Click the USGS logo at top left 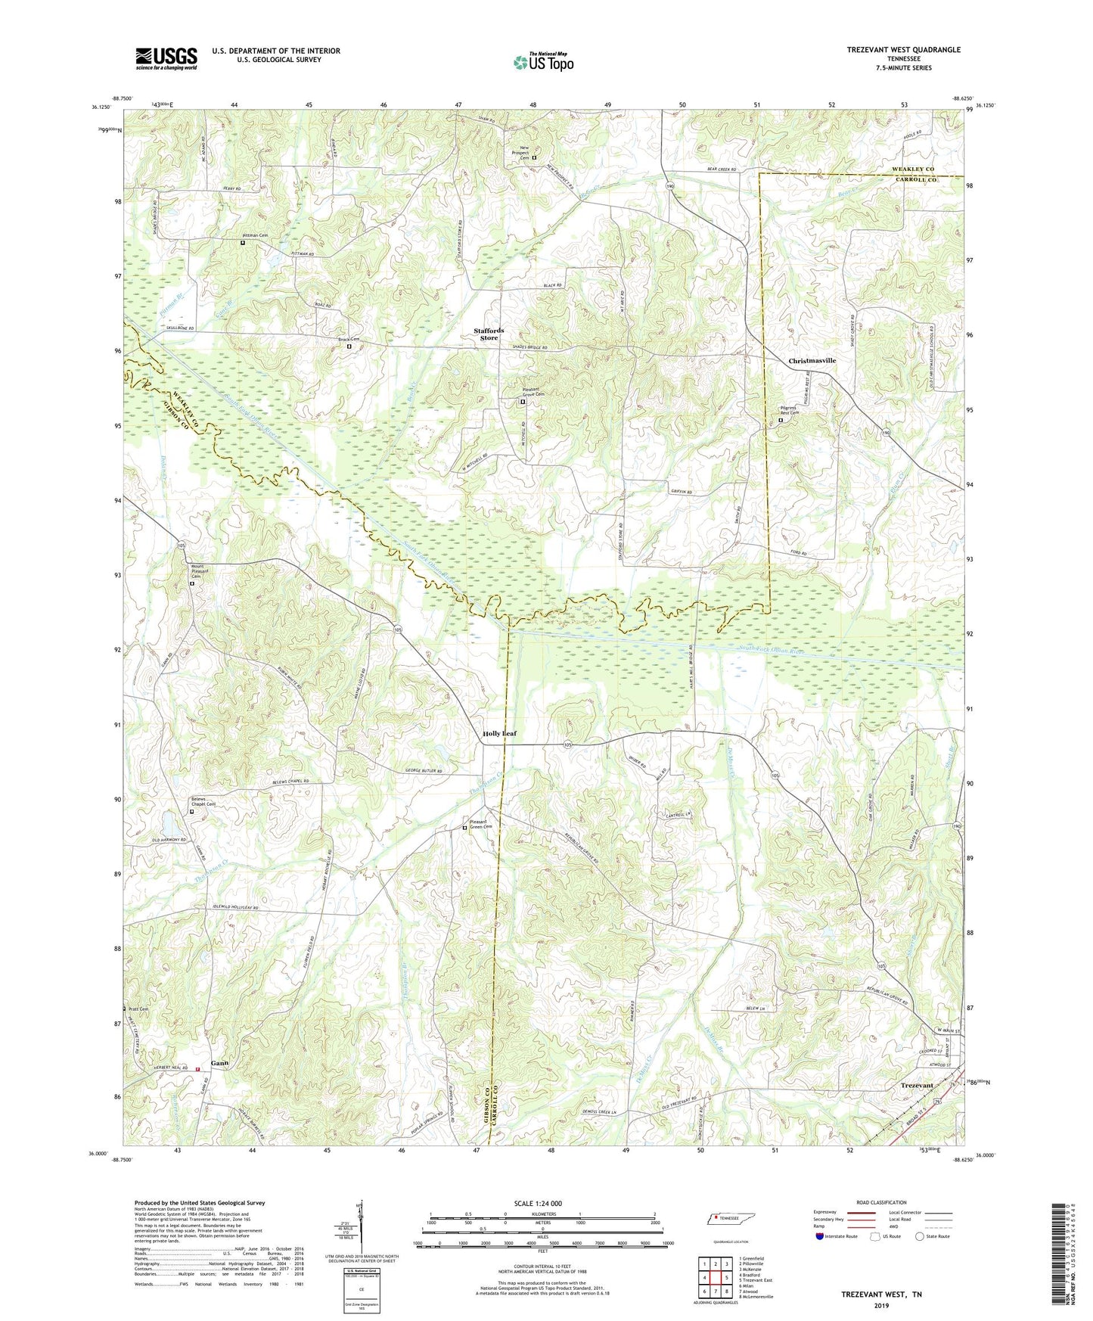(166, 58)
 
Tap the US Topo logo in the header (542, 62)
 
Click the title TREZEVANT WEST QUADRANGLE (903, 50)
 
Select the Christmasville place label (812, 361)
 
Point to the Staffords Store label (489, 334)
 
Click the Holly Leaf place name (499, 733)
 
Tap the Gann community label (219, 1063)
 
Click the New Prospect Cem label (518, 153)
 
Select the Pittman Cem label (253, 236)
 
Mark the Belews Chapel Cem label (202, 801)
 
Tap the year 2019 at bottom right (881, 1306)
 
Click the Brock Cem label (348, 340)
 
